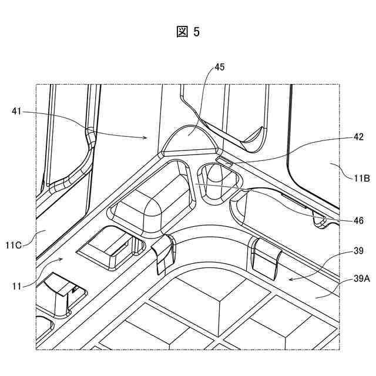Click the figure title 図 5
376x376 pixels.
pyautogui.click(x=187, y=32)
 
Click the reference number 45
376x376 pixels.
pyautogui.click(x=219, y=67)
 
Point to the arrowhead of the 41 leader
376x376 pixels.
pyautogui.click(x=146, y=137)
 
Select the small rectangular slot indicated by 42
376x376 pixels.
pyautogui.click(x=224, y=159)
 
